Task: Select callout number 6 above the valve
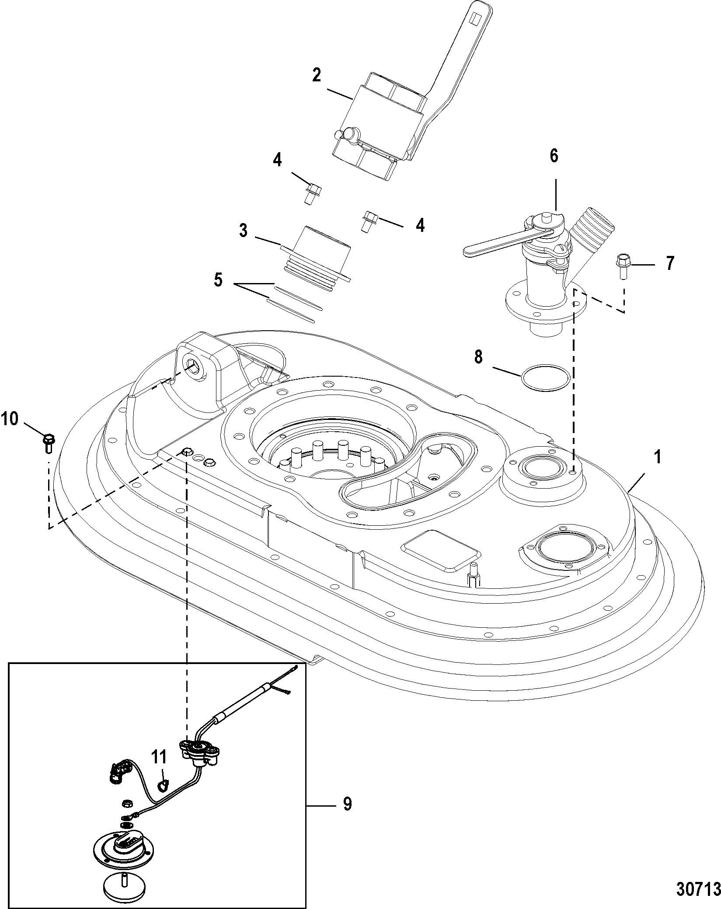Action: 554,156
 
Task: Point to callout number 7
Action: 670,264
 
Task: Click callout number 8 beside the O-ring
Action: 479,357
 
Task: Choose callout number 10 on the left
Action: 10,420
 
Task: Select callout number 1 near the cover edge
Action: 657,458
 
